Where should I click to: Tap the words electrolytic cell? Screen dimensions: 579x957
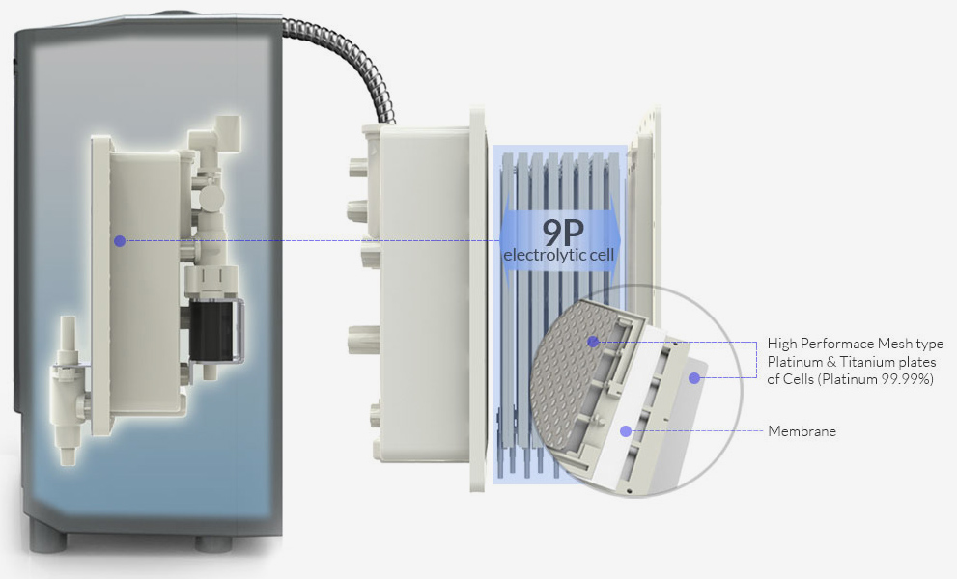[x=560, y=255]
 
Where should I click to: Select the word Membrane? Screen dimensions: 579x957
[x=802, y=431]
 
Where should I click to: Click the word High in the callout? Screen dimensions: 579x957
[x=782, y=344]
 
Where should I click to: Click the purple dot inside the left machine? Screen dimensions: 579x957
[x=119, y=240]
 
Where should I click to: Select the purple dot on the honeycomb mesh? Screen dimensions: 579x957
[x=592, y=341]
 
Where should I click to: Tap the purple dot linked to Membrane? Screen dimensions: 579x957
[x=628, y=429]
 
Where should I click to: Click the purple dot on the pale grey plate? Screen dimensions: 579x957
[x=693, y=378]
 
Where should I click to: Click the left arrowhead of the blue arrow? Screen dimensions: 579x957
[x=507, y=240]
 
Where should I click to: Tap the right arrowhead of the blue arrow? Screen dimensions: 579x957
[x=617, y=240]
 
